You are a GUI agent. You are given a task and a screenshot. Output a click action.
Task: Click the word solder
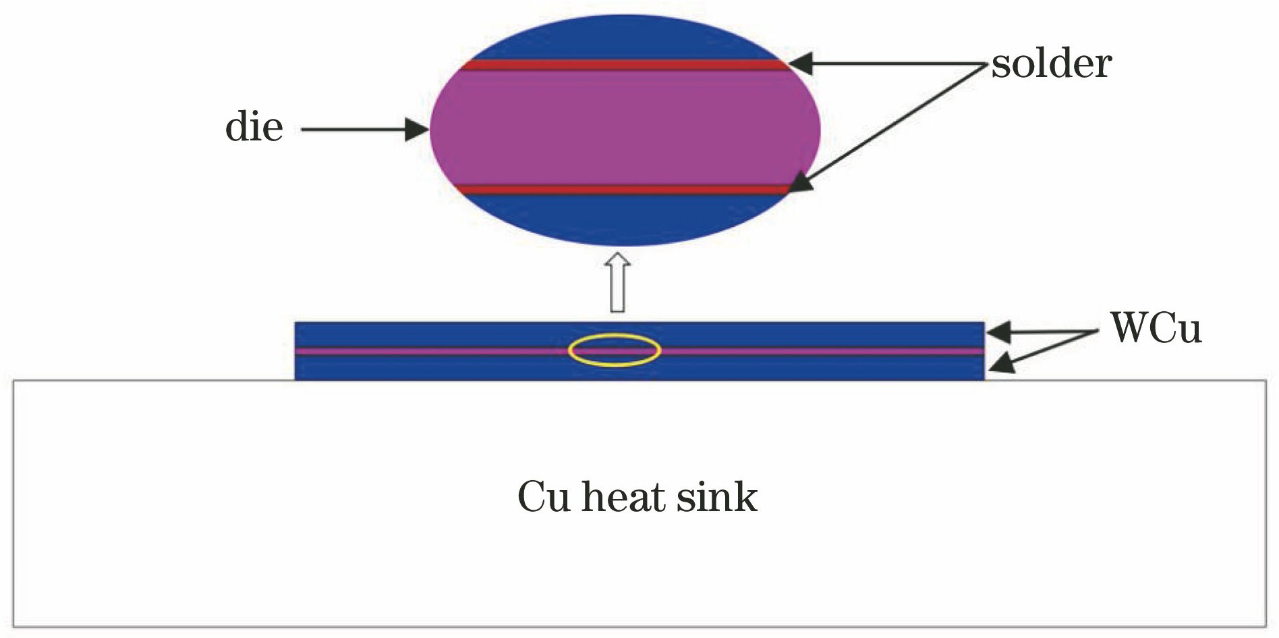click(1051, 64)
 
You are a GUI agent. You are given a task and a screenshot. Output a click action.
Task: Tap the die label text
click(254, 127)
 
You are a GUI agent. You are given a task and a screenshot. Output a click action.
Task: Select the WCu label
click(1156, 329)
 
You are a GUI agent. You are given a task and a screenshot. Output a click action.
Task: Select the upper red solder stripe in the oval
click(624, 65)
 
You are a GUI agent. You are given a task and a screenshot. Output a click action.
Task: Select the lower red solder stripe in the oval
click(624, 190)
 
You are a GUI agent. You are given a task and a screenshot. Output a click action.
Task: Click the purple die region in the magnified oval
click(624, 128)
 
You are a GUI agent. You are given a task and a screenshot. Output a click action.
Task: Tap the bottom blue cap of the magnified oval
click(624, 219)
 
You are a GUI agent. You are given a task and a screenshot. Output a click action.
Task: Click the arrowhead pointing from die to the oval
click(417, 129)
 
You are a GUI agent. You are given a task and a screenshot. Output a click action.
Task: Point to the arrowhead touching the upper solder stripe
click(800, 64)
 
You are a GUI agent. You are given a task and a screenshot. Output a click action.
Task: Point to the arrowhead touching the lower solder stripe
click(800, 183)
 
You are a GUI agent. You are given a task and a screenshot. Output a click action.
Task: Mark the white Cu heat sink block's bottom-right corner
click(1265, 625)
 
